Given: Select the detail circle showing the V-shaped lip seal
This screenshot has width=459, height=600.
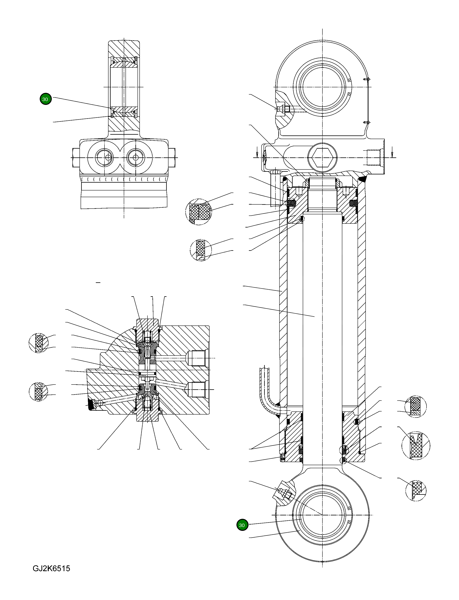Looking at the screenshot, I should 416,446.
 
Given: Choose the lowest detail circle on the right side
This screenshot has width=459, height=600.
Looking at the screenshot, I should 416,490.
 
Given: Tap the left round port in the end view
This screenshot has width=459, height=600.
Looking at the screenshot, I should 105,158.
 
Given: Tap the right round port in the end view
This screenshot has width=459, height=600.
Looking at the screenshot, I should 136,158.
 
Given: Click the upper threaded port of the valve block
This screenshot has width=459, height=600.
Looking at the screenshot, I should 198,358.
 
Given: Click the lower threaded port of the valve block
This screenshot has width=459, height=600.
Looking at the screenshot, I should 198,389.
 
